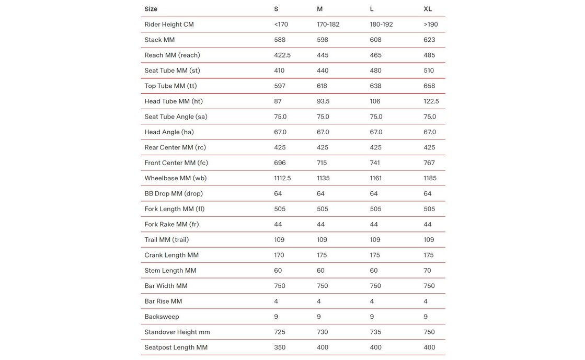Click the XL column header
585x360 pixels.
point(428,9)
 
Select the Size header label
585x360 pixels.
point(151,9)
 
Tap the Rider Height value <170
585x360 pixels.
point(281,25)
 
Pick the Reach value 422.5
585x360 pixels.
point(282,55)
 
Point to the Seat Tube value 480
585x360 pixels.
point(375,71)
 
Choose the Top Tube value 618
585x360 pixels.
point(323,86)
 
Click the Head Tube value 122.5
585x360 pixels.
point(431,101)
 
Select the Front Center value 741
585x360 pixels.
point(375,163)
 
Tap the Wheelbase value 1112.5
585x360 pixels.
point(282,178)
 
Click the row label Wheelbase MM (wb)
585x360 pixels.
point(176,178)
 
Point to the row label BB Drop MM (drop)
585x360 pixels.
point(174,194)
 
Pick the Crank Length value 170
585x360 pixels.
point(279,256)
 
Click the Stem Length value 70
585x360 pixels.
point(428,271)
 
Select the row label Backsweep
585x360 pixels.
point(162,317)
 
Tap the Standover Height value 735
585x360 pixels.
point(375,332)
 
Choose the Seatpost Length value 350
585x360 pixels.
point(280,347)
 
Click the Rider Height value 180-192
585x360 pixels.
point(381,25)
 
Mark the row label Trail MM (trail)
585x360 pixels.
point(167,240)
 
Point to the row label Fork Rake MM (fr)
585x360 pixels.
point(171,225)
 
